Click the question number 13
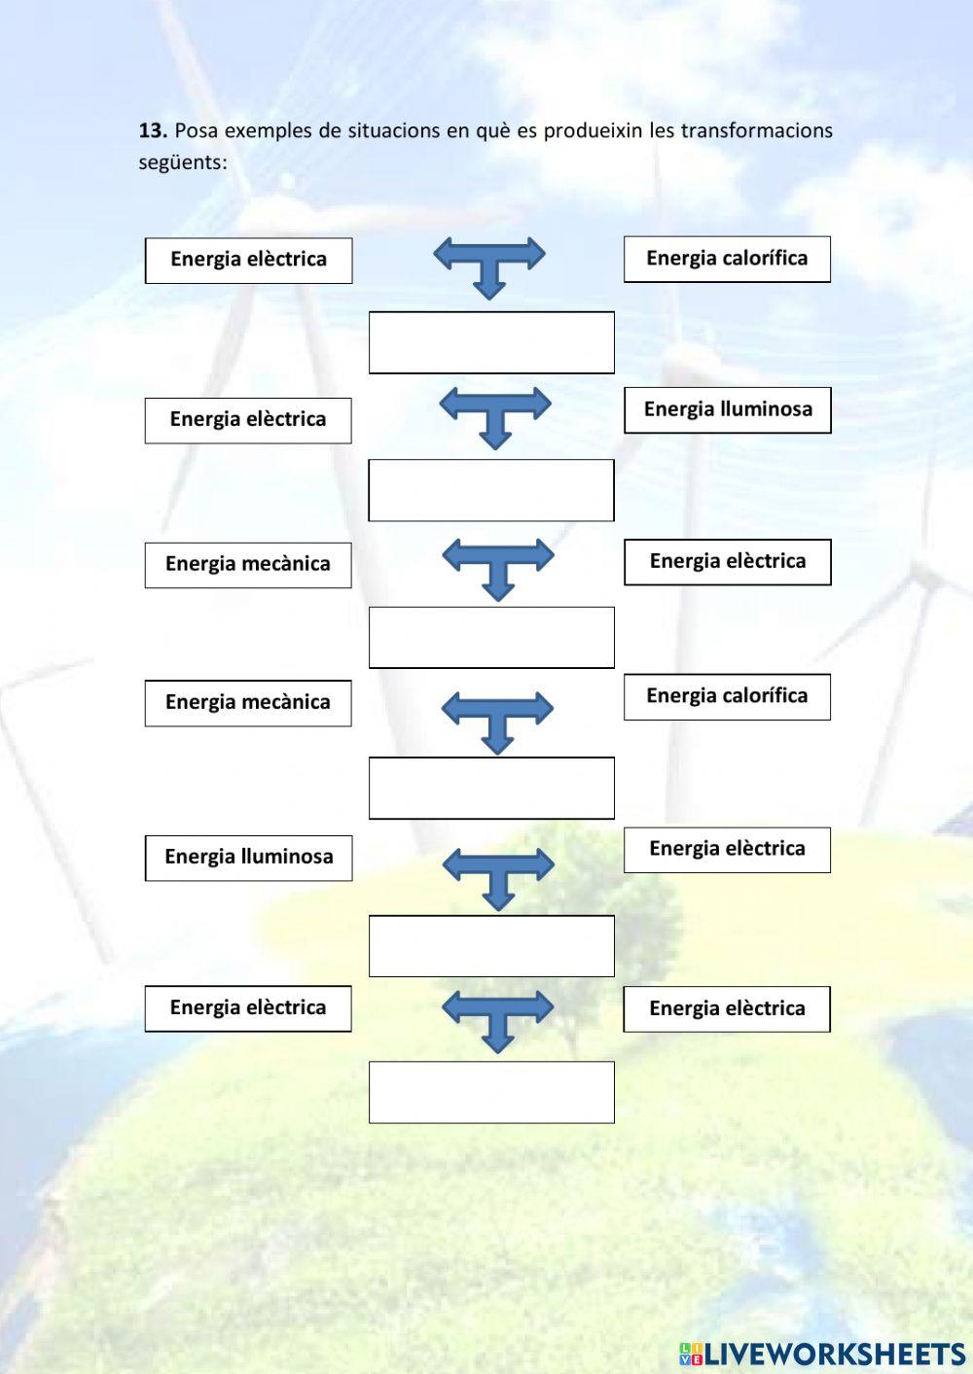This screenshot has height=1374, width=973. click(x=153, y=130)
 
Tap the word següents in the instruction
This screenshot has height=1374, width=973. click(x=182, y=162)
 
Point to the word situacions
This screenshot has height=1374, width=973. click(x=394, y=130)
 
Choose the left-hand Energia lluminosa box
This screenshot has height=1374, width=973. click(x=248, y=858)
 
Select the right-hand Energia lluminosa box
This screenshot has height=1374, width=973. click(x=727, y=409)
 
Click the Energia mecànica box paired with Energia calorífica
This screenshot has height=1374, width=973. click(x=248, y=703)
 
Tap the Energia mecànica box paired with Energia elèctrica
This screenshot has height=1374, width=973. click(x=248, y=565)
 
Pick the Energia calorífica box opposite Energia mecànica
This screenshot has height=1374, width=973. click(x=727, y=696)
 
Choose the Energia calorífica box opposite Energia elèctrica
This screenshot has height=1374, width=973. click(x=727, y=259)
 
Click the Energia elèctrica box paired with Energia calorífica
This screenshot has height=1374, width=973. click(x=248, y=261)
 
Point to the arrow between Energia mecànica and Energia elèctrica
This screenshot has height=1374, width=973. click(x=497, y=566)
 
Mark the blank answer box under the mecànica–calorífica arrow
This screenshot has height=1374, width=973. click(x=491, y=788)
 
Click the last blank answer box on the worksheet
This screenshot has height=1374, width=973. click(x=491, y=1092)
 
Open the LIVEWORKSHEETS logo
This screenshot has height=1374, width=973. click(x=822, y=1354)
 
